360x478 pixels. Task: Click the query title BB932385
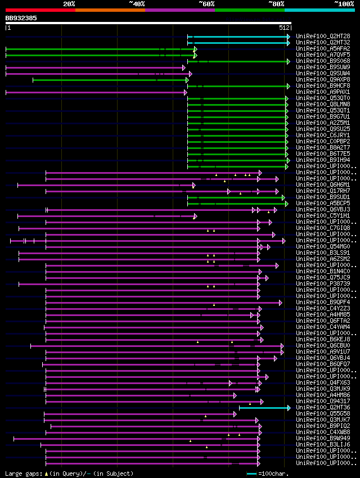pyautogui.click(x=21, y=18)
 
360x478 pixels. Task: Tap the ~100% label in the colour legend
pyautogui.click(x=344, y=4)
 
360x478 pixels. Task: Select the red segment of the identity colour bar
pyautogui.click(x=40, y=10)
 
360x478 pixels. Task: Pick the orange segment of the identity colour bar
pyautogui.click(x=110, y=10)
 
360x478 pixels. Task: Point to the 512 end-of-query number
pyautogui.click(x=283, y=27)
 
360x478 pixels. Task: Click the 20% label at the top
pyautogui.click(x=69, y=4)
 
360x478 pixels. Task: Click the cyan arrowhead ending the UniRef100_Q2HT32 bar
pyautogui.click(x=288, y=42)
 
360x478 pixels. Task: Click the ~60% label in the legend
pyautogui.click(x=206, y=4)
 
